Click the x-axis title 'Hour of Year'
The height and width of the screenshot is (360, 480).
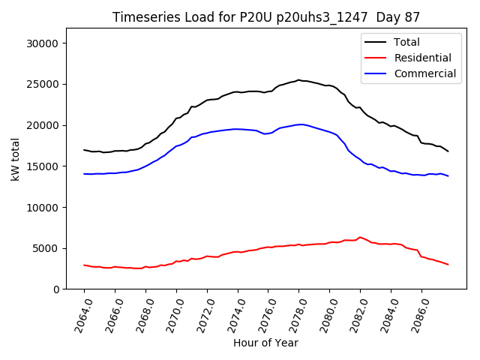265,343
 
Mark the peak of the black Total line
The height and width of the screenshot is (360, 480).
298,79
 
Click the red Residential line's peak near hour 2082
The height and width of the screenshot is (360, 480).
360,237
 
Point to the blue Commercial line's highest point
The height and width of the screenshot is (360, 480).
301,124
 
